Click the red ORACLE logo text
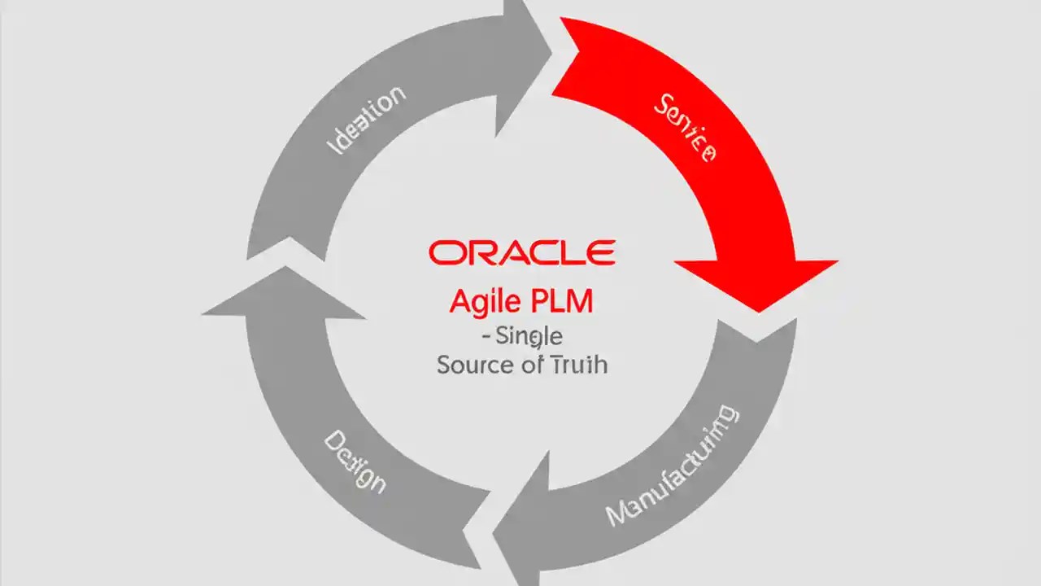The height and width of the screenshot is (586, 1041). pos(521,252)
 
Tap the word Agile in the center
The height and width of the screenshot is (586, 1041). pos(485,302)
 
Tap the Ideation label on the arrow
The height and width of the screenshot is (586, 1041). pos(366,120)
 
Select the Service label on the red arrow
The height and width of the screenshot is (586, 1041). pos(685,128)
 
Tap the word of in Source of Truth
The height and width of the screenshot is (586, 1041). pos(532,364)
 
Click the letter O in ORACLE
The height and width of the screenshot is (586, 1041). pos(444,252)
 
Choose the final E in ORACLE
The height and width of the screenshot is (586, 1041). pos(601,252)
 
